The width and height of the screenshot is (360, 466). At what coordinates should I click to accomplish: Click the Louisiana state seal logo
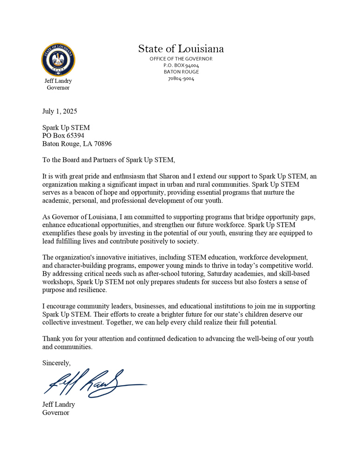click(58, 60)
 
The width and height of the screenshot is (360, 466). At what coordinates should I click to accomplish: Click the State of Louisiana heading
click(181, 48)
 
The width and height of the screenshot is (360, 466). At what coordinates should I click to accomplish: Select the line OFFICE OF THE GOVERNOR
click(181, 59)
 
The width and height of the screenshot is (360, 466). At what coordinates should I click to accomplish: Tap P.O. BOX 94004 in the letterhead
click(181, 65)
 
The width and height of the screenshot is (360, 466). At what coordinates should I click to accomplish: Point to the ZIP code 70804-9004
click(181, 79)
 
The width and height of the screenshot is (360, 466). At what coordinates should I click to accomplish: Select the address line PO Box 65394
click(63, 136)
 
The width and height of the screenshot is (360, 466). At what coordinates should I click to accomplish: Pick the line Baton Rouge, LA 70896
click(77, 144)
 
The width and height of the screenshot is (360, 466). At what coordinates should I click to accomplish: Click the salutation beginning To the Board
click(109, 160)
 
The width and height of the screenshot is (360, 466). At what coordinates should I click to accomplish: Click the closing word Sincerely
click(56, 363)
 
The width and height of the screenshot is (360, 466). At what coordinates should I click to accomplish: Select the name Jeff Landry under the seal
click(58, 81)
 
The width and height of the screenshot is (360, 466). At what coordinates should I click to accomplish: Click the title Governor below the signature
click(56, 413)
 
